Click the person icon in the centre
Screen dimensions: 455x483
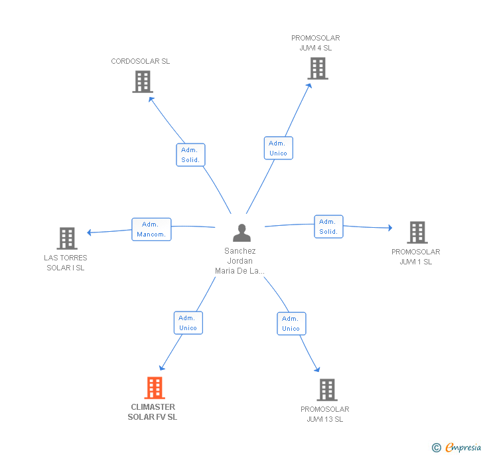pyautogui.click(x=241, y=233)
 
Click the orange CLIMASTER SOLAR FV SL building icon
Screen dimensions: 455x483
pyautogui.click(x=155, y=388)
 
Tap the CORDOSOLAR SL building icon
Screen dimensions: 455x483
pyautogui.click(x=142, y=82)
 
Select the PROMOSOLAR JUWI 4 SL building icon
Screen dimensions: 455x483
pyautogui.click(x=317, y=68)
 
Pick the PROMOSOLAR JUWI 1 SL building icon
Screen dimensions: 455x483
pyautogui.click(x=417, y=232)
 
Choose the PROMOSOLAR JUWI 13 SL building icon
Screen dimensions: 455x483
pyautogui.click(x=326, y=390)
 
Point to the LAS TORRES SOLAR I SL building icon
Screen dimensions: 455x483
pyautogui.click(x=66, y=238)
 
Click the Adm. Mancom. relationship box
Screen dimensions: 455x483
pyautogui.click(x=151, y=229)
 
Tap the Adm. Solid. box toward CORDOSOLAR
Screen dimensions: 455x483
pyautogui.click(x=190, y=155)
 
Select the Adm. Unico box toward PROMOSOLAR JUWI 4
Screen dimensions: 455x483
pyautogui.click(x=278, y=148)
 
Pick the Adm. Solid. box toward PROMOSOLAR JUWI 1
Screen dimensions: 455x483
pyautogui.click(x=328, y=227)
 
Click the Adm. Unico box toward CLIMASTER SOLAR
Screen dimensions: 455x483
pyautogui.click(x=188, y=323)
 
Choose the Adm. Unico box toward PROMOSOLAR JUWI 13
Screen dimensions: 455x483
pyautogui.click(x=291, y=323)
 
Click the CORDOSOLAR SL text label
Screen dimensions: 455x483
pyautogui.click(x=141, y=61)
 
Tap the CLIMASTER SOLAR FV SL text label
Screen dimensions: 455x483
pyautogui.click(x=153, y=412)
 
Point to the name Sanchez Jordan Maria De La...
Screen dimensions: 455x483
pyautogui.click(x=240, y=261)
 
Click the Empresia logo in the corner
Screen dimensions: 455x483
pyautogui.click(x=456, y=448)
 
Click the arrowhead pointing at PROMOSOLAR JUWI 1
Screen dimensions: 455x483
pyautogui.click(x=390, y=228)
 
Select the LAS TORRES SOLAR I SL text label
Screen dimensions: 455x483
pyautogui.click(x=66, y=263)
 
